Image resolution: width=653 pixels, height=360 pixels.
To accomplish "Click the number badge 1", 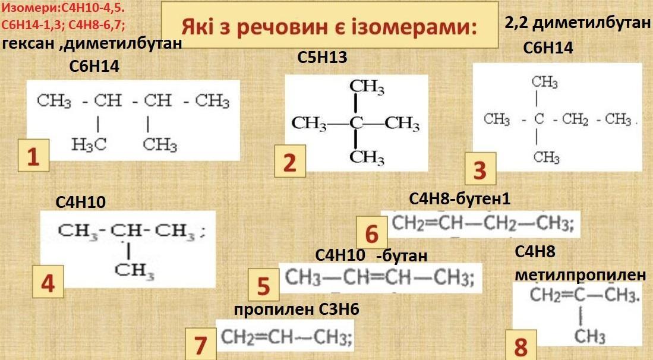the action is click(x=33, y=156).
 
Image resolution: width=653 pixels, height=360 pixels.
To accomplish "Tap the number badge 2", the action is click(x=290, y=161).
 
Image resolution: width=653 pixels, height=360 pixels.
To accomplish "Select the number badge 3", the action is click(x=480, y=169).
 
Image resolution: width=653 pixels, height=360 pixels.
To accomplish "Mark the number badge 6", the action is click(x=372, y=232).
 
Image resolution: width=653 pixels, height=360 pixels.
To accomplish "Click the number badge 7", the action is click(x=200, y=344).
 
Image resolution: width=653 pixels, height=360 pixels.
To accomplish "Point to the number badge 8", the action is click(x=521, y=345).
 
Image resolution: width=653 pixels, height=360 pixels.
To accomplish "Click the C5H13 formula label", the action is click(x=322, y=58).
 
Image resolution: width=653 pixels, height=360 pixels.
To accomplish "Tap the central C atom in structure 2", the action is click(x=356, y=123).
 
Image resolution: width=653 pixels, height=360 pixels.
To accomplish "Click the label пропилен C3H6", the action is click(x=296, y=310).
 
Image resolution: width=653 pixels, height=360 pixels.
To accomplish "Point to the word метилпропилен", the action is click(x=581, y=275).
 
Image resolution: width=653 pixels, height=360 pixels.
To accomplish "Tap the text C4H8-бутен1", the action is click(x=460, y=199).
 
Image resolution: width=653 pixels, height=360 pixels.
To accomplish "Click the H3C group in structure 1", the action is click(x=89, y=144).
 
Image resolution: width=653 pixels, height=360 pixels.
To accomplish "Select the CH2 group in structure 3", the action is click(x=575, y=119).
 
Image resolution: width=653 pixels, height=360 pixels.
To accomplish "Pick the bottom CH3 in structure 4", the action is click(x=134, y=270).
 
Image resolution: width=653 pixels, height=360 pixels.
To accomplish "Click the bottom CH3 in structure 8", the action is click(x=589, y=336).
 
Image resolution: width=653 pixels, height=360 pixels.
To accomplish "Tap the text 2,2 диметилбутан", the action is click(x=578, y=23).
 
